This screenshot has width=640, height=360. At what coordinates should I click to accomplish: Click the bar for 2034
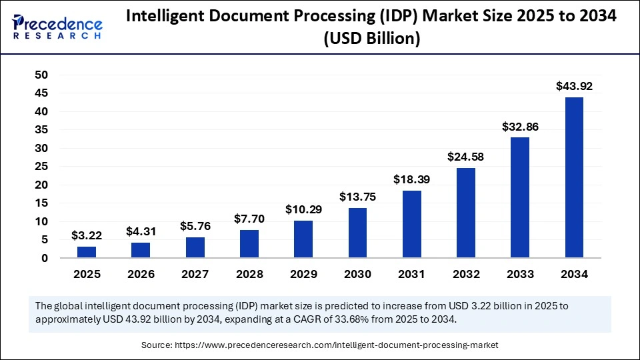coord(574,177)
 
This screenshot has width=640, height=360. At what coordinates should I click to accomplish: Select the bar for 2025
coord(87,252)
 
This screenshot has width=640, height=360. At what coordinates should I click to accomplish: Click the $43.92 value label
coord(574,86)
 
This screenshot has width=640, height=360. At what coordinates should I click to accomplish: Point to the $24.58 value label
coord(465,157)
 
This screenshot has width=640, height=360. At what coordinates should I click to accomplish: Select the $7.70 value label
coord(249,219)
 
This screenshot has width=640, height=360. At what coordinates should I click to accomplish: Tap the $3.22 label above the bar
coord(87,235)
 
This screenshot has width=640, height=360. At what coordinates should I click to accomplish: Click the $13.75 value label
coord(357,197)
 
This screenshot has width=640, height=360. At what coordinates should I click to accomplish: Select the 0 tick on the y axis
coord(44,258)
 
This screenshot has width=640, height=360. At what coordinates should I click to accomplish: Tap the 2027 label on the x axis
coord(195,273)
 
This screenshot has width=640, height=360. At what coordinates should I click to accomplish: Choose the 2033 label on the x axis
coord(520,273)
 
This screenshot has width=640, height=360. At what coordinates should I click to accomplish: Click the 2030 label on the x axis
coord(357,273)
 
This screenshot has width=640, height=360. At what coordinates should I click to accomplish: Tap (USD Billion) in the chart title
coord(371,39)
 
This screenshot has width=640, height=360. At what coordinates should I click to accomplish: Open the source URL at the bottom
coord(336,345)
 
